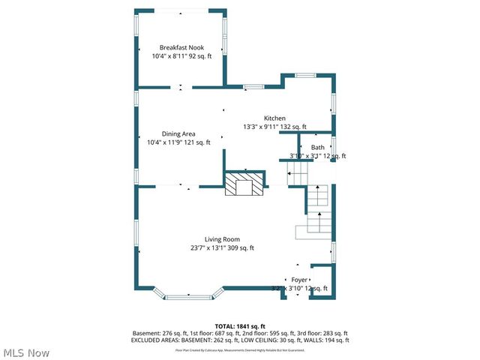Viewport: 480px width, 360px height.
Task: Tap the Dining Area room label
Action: pos(173,133)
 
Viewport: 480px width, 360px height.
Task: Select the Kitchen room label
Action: pos(274,118)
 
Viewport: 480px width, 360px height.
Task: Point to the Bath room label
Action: pos(318,148)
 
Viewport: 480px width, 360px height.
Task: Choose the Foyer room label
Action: pos(299,280)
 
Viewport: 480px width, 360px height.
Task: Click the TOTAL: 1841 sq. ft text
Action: pos(239,326)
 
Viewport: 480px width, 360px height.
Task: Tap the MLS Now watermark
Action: pos(25,352)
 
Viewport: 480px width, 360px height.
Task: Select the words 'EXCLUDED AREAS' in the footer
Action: pos(157,340)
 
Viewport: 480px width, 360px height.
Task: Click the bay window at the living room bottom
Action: pos(187,297)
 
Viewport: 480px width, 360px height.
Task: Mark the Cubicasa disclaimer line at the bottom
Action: pos(239,349)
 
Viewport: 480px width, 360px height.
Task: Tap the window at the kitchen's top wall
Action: pos(305,76)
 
